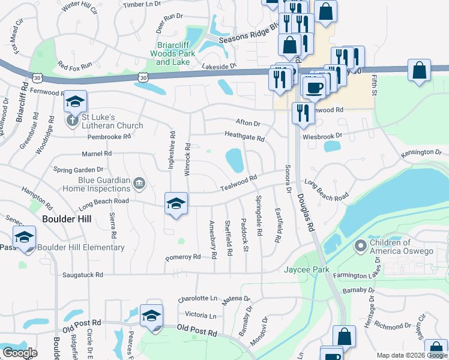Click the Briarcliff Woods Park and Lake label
173,53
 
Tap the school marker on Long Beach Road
176,203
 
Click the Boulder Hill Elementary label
80,247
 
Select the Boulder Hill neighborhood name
67,219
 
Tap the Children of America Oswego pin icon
360,246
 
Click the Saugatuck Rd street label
83,274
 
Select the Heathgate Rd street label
244,138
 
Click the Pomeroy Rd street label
183,257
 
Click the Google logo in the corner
19,352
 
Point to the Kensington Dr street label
421,152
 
